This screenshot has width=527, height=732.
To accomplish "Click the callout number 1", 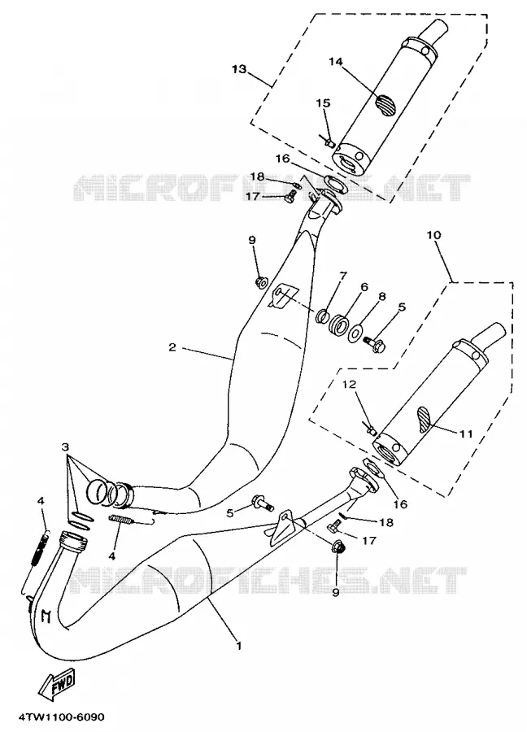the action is point(239,646).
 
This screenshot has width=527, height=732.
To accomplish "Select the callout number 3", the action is point(65,447).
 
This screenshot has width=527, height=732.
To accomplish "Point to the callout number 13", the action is point(239,69).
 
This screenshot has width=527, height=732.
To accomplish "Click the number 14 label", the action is point(336,62).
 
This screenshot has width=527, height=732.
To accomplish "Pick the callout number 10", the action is point(433,234).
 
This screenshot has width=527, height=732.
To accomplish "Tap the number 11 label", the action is point(466,434).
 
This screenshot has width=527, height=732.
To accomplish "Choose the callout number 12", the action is point(350,384).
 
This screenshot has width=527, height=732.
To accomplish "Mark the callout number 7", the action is point(343,276).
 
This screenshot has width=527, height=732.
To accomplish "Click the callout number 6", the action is point(364,287).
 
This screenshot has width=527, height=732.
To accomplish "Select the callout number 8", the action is point(381,296).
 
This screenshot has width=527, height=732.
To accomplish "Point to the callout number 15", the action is point(323,102).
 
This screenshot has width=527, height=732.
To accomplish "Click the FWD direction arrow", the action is point(57,686).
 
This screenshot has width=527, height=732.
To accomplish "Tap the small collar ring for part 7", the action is point(321,316).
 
